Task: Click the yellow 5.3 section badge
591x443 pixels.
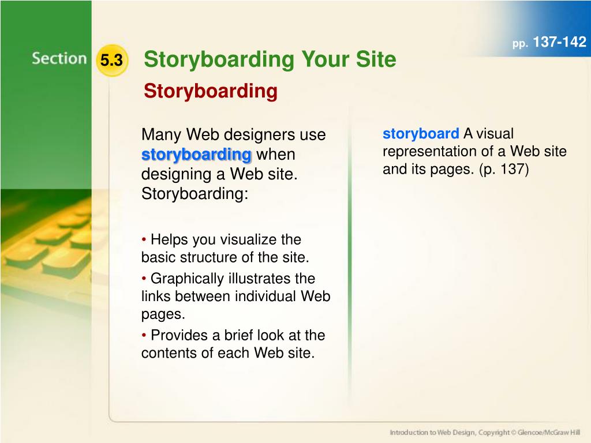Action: (112, 60)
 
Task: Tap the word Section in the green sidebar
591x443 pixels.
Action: (59, 59)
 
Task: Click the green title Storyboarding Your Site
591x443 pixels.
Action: (270, 59)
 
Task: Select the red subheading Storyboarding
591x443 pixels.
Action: (210, 91)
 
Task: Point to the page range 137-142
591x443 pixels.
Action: (560, 42)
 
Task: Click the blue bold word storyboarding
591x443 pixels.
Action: (196, 155)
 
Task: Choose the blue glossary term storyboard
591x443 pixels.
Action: (421, 134)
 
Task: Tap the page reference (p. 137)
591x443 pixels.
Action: (504, 169)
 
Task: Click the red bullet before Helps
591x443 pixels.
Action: (144, 239)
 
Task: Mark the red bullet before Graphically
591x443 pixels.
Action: (144, 279)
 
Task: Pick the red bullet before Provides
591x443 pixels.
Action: (144, 335)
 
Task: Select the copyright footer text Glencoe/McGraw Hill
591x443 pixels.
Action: (549, 433)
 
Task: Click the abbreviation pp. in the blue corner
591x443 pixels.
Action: (520, 44)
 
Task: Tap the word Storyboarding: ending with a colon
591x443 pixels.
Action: (195, 194)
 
